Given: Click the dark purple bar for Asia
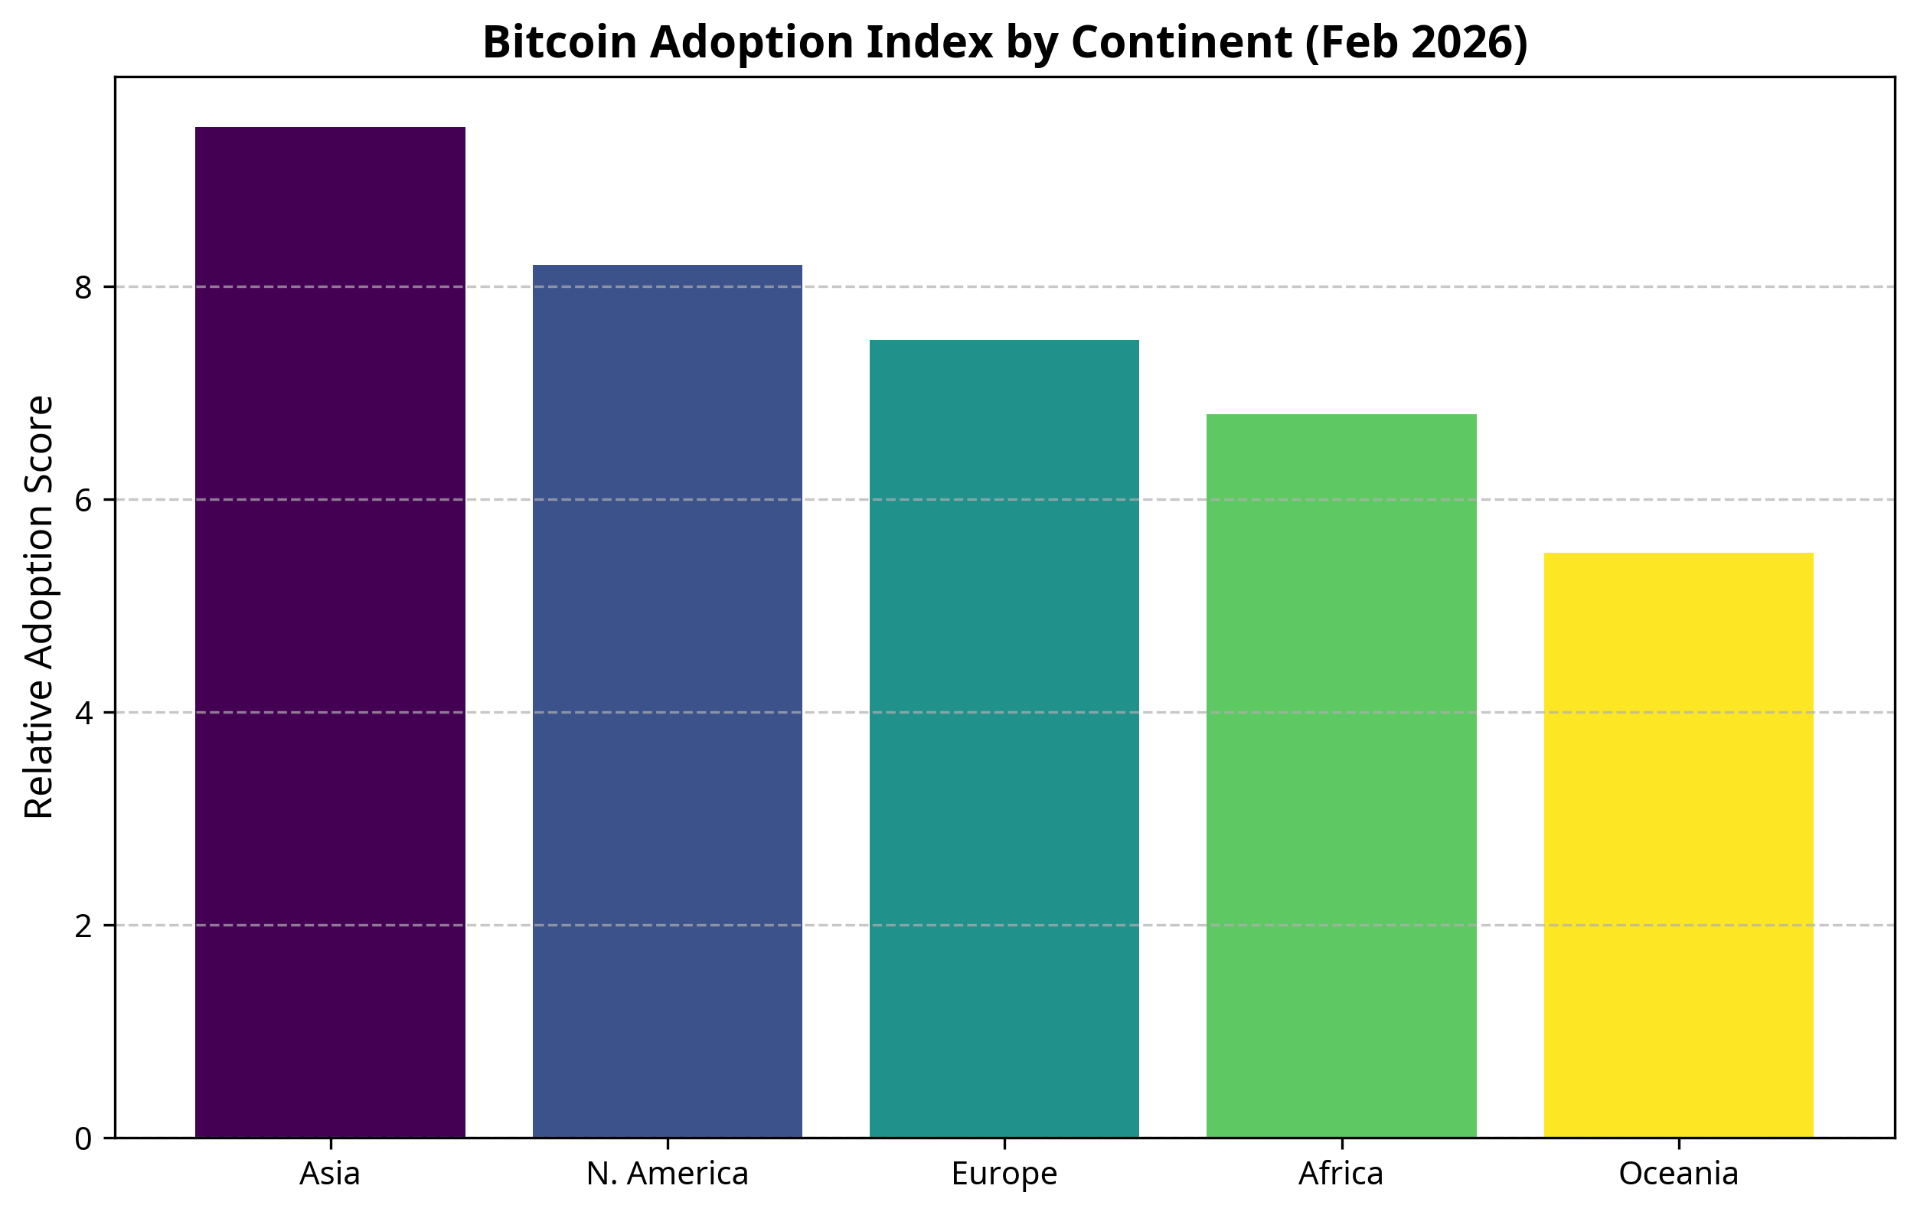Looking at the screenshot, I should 330,632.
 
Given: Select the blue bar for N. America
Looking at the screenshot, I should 667,701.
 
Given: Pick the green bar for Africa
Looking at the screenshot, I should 1341,776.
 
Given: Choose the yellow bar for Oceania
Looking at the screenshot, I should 1678,844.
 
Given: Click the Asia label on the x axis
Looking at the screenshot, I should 330,1174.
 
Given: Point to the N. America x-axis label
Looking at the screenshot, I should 667,1174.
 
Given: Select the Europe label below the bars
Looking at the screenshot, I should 1004,1174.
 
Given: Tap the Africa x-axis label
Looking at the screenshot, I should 1341,1174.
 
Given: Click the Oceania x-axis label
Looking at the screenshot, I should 1678,1174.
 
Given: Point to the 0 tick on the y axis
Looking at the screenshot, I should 83,1138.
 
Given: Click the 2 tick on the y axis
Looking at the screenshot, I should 83,926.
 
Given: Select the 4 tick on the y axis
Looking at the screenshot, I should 83,713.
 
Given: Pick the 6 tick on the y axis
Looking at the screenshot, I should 83,500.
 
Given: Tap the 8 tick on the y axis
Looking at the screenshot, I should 83,286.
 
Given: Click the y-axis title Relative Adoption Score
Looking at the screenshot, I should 39,606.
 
